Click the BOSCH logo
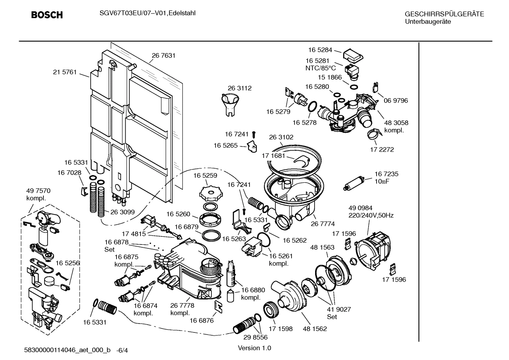tap(47, 15)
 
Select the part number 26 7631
tap(163, 55)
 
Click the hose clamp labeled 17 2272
tap(373, 134)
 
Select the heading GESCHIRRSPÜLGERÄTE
tap(444, 14)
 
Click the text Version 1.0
tap(254, 348)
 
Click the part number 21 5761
tap(65, 72)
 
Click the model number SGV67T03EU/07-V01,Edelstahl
tap(145, 13)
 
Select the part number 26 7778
tap(182, 306)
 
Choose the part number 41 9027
tap(339, 309)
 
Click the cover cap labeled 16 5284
tap(353, 55)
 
